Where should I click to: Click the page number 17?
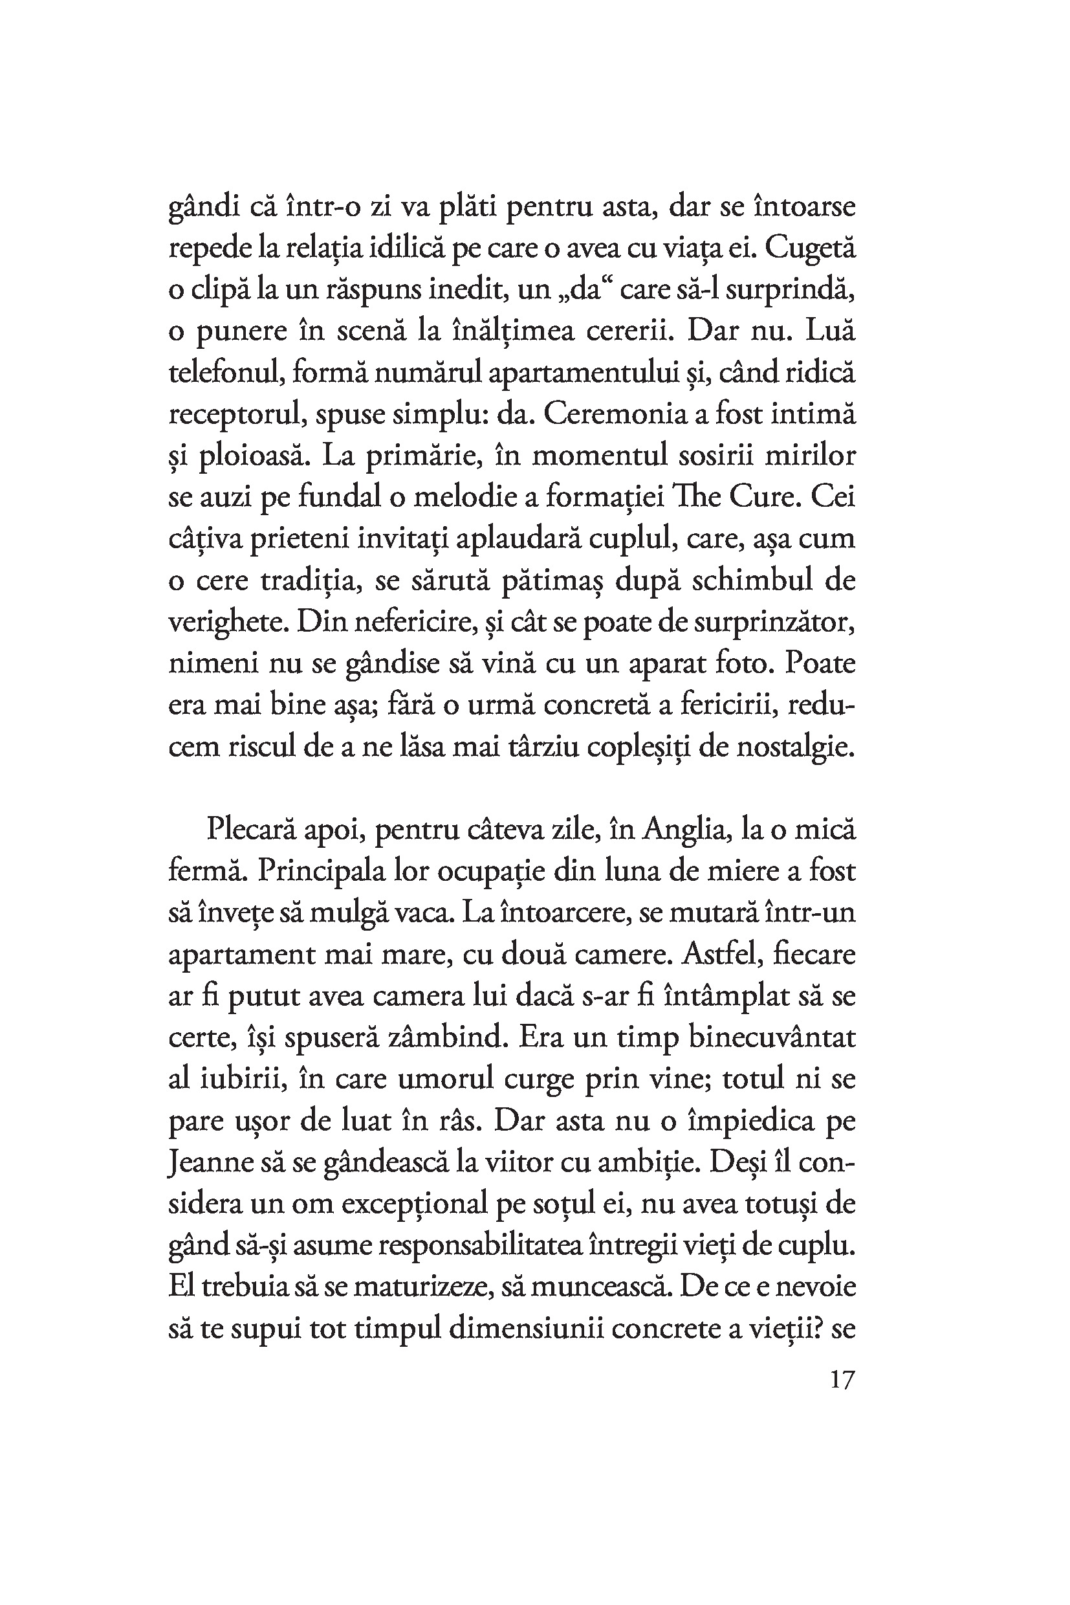(842, 1380)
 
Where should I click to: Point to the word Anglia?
(690, 830)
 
